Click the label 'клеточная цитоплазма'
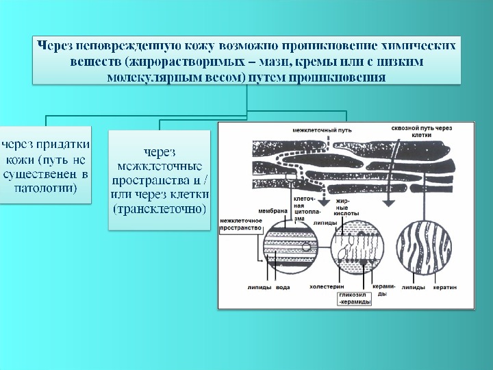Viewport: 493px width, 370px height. pos(303,208)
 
